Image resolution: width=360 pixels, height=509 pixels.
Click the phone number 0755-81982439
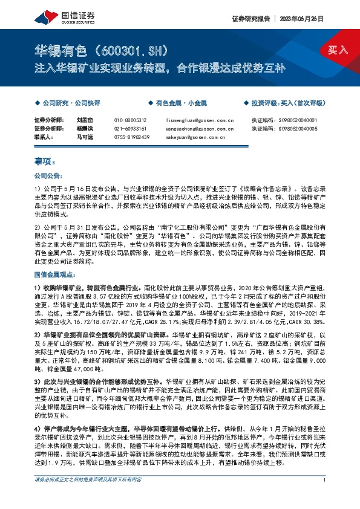pyautogui.click(x=131, y=137)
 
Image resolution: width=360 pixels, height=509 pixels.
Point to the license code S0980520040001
pyautogui.click(x=293, y=120)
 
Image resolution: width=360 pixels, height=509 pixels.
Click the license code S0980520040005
pyautogui.click(x=293, y=129)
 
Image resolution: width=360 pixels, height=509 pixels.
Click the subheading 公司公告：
pyautogui.click(x=48, y=176)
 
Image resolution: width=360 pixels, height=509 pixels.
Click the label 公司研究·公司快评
pyautogui.click(x=70, y=103)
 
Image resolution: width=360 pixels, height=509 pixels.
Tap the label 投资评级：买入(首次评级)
pyautogui.click(x=287, y=103)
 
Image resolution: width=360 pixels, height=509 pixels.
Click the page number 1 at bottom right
pyautogui.click(x=325, y=497)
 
